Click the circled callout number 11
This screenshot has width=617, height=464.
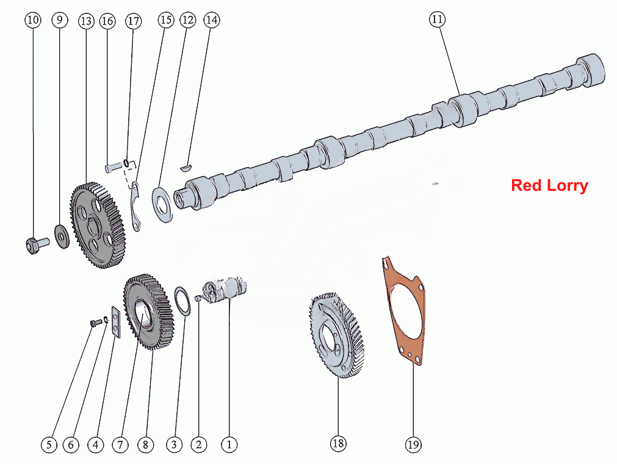point(437,20)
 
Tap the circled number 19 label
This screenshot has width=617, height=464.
point(413,444)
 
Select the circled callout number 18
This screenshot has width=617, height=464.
point(338,443)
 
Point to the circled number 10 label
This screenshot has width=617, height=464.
point(33,20)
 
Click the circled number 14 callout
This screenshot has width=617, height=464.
point(212,20)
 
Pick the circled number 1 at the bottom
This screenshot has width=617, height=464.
point(229,444)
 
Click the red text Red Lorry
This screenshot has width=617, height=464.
point(549,185)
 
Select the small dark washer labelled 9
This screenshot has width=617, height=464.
point(62,237)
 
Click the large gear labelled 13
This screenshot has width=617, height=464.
point(98,225)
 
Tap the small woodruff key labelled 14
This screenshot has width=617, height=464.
point(186,168)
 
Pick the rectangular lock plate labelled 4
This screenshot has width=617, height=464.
point(116,322)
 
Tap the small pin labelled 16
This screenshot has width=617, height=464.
point(114,167)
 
